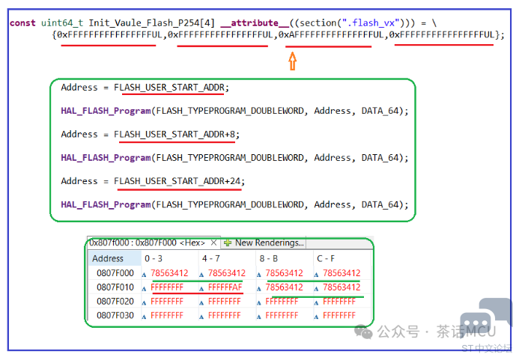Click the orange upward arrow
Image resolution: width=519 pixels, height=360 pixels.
(292, 61)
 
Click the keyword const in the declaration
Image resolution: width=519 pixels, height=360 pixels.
(22, 23)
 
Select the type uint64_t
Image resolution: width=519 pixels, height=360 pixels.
(62, 23)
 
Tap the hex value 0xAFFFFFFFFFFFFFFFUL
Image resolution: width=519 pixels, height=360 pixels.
(331, 34)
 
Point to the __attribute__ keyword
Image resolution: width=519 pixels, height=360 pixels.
(255, 23)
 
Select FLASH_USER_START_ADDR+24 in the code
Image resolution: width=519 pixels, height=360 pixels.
(177, 181)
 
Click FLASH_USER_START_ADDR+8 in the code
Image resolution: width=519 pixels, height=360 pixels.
(174, 134)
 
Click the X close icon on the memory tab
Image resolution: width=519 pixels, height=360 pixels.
(214, 242)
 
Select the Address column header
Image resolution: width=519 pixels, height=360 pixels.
(108, 258)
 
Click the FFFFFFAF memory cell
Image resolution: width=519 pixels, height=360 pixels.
(225, 287)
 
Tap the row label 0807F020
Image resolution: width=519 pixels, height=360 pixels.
(115, 302)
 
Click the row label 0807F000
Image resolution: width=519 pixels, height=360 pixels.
(115, 273)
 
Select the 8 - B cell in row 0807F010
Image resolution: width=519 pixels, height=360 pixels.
(284, 287)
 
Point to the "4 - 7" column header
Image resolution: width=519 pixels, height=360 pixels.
(211, 258)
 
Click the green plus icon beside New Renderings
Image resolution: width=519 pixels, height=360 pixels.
(228, 242)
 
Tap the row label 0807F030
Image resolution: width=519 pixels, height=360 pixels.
(115, 315)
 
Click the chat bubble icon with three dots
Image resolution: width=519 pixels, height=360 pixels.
(476, 323)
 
